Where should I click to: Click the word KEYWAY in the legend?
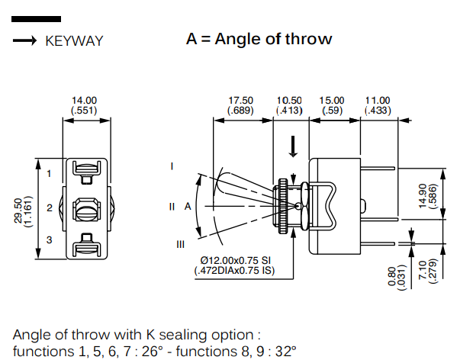(x=74, y=41)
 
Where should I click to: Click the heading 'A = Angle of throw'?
(x=259, y=39)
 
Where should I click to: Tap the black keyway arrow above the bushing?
(x=293, y=146)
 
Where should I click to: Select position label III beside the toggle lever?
(x=180, y=244)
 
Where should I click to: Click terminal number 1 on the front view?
(x=49, y=174)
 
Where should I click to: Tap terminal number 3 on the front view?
(x=49, y=240)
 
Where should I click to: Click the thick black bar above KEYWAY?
(x=37, y=18)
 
